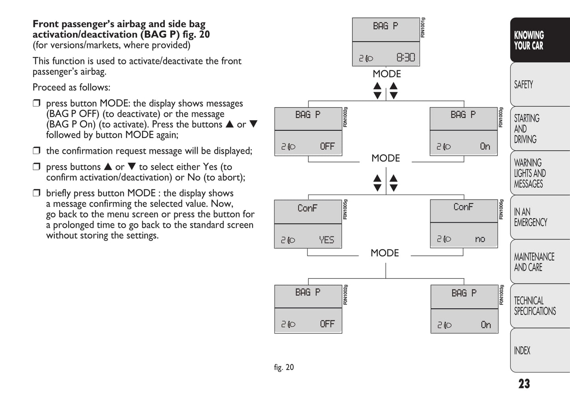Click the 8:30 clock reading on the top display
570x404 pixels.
(x=406, y=58)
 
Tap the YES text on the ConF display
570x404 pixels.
(x=326, y=240)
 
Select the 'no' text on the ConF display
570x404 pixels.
(x=480, y=239)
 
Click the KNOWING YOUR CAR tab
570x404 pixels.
(x=539, y=41)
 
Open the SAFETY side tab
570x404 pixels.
(x=539, y=85)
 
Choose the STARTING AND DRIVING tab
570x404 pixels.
(x=539, y=129)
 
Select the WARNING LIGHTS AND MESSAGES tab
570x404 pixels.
(x=539, y=173)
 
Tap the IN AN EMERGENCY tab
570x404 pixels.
(x=539, y=217)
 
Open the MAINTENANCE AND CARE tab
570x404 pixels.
(x=539, y=262)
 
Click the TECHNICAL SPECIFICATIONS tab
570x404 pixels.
(x=539, y=306)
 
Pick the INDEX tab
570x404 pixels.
(x=539, y=350)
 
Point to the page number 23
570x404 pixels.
(x=524, y=384)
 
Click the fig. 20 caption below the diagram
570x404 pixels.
(x=284, y=367)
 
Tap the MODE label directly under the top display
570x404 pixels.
(x=387, y=74)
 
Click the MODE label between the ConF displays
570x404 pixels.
(x=385, y=253)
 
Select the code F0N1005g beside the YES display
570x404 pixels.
(x=346, y=209)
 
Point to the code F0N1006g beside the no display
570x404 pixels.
(x=501, y=209)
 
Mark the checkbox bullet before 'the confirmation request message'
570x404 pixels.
(x=37, y=151)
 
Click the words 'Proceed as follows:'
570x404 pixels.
(x=71, y=87)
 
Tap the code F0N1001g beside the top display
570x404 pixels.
(x=423, y=28)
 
